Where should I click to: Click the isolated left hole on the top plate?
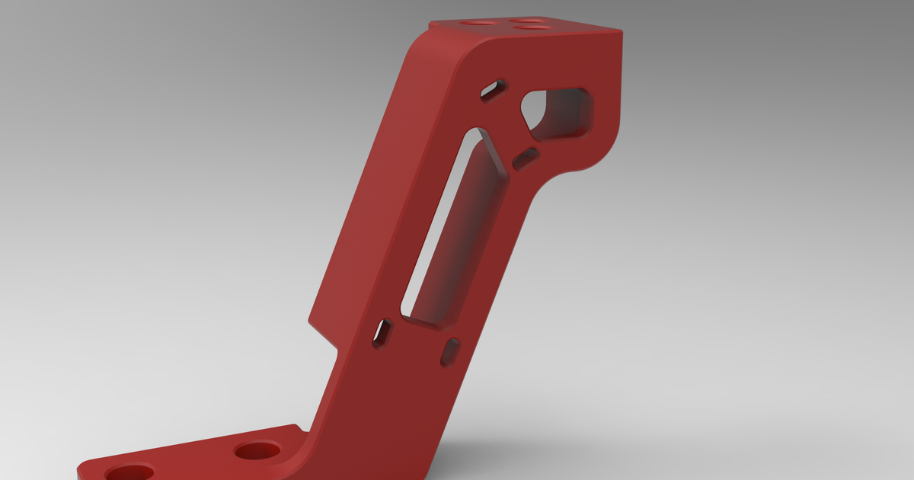click(479, 24)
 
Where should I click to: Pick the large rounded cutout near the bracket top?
click(558, 114)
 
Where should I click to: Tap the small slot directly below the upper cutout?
click(526, 158)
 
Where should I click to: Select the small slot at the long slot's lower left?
click(382, 334)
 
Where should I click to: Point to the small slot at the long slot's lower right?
click(450, 351)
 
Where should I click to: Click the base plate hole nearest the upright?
click(257, 450)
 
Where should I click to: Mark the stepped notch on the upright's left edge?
click(324, 335)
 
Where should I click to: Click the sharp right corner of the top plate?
click(621, 31)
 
